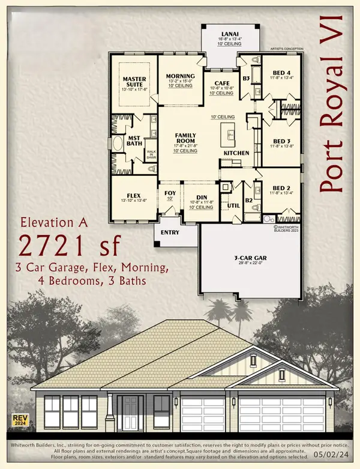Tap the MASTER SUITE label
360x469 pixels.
point(135,82)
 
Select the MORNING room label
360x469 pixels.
point(181,76)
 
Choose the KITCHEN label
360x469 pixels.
point(236,153)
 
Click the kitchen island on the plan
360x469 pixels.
point(229,132)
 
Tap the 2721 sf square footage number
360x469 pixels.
point(71,246)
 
